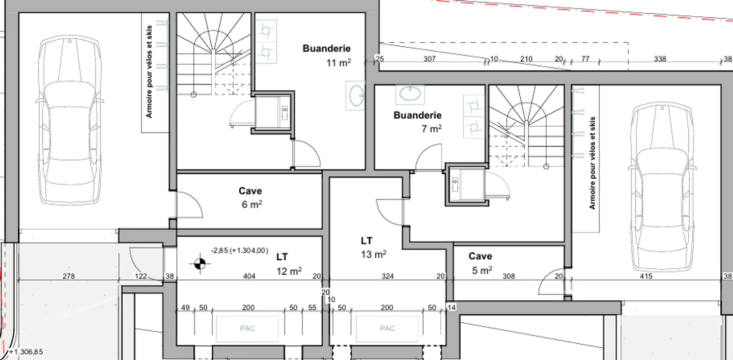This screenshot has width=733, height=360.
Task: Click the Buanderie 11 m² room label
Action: point(326,56)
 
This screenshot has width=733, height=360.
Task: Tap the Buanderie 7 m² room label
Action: point(417,122)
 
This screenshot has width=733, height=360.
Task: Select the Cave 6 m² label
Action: point(250,198)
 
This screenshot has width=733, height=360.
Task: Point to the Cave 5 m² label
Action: point(481,263)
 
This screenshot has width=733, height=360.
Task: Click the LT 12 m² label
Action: point(288,263)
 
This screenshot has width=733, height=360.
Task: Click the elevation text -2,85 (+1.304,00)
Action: point(239,251)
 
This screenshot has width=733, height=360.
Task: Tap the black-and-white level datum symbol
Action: point(199,264)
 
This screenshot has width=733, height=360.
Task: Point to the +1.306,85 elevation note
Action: point(26,352)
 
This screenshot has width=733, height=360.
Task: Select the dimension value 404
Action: point(249,276)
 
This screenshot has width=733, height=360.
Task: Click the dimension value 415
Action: point(646,276)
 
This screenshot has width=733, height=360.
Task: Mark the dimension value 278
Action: point(69,276)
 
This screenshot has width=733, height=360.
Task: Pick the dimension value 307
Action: point(430,59)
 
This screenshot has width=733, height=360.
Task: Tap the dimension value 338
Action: point(660,59)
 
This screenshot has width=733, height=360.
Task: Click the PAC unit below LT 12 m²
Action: point(247,328)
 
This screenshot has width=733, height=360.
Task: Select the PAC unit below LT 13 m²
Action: point(387,328)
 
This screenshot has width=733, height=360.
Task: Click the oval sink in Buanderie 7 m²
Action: point(411,93)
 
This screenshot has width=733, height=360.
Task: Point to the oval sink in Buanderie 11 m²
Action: point(356,95)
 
